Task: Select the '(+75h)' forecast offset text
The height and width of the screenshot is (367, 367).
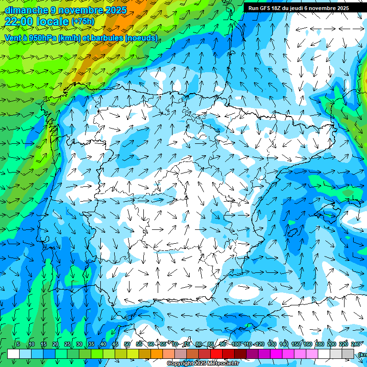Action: (x=83, y=22)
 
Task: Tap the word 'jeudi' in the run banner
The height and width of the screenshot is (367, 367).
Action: (x=294, y=8)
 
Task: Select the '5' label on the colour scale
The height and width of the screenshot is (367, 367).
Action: (x=18, y=344)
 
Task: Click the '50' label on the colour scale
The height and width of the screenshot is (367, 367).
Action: (x=127, y=344)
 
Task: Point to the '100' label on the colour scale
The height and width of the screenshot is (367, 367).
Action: (x=236, y=344)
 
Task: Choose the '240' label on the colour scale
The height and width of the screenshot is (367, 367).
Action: (x=356, y=344)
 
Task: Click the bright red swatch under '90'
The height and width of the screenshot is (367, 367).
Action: (x=216, y=354)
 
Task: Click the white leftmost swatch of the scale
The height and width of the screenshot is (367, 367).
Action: (x=13, y=354)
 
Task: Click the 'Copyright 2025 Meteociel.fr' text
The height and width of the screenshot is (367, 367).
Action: (x=203, y=364)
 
